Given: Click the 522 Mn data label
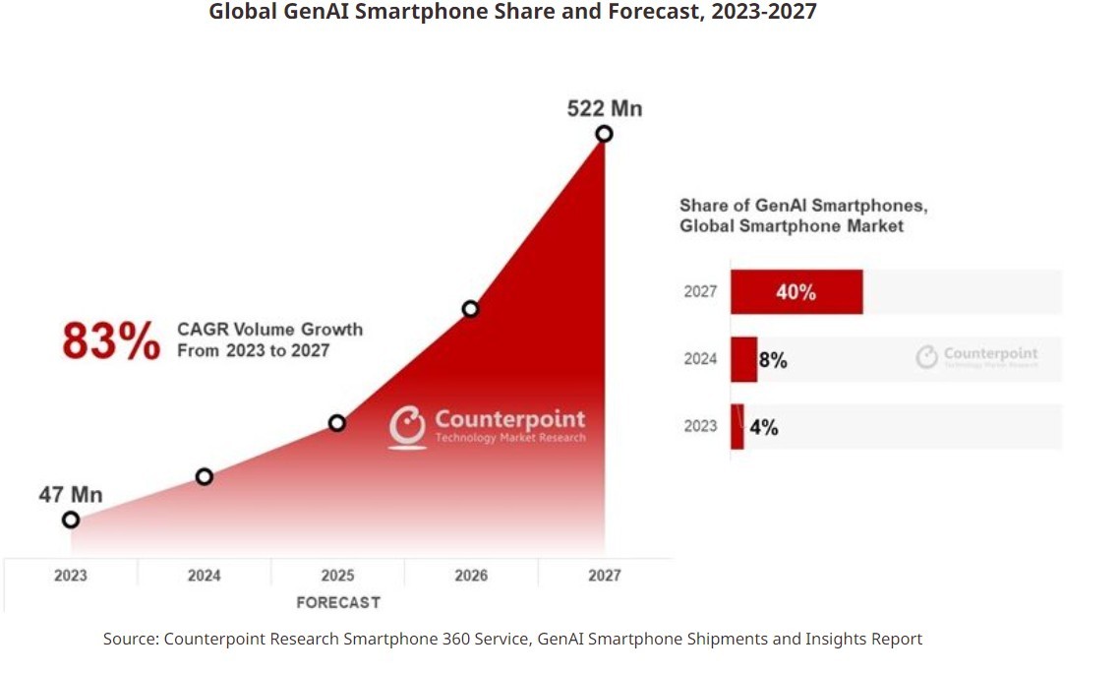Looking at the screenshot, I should (604, 108).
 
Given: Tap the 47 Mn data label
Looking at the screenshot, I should (71, 495).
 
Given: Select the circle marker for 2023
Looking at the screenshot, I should (71, 520).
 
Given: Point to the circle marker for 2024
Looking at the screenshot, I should (205, 477).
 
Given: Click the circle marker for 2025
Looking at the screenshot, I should (337, 423).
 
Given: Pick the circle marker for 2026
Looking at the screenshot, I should (470, 309).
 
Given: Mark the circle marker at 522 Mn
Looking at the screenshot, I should (604, 134).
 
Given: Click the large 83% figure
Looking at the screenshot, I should (110, 341).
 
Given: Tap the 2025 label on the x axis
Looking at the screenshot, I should (337, 576).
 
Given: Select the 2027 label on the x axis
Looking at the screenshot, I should (605, 576).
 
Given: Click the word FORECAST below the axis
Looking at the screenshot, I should (337, 602).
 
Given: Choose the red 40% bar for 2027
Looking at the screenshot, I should (796, 292).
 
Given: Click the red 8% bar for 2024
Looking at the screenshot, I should (743, 359).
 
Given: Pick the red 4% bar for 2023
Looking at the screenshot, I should (737, 427).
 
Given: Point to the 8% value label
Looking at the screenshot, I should (773, 360).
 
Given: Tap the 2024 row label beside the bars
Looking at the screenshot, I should (700, 359).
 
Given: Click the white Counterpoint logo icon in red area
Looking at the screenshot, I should (407, 426).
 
